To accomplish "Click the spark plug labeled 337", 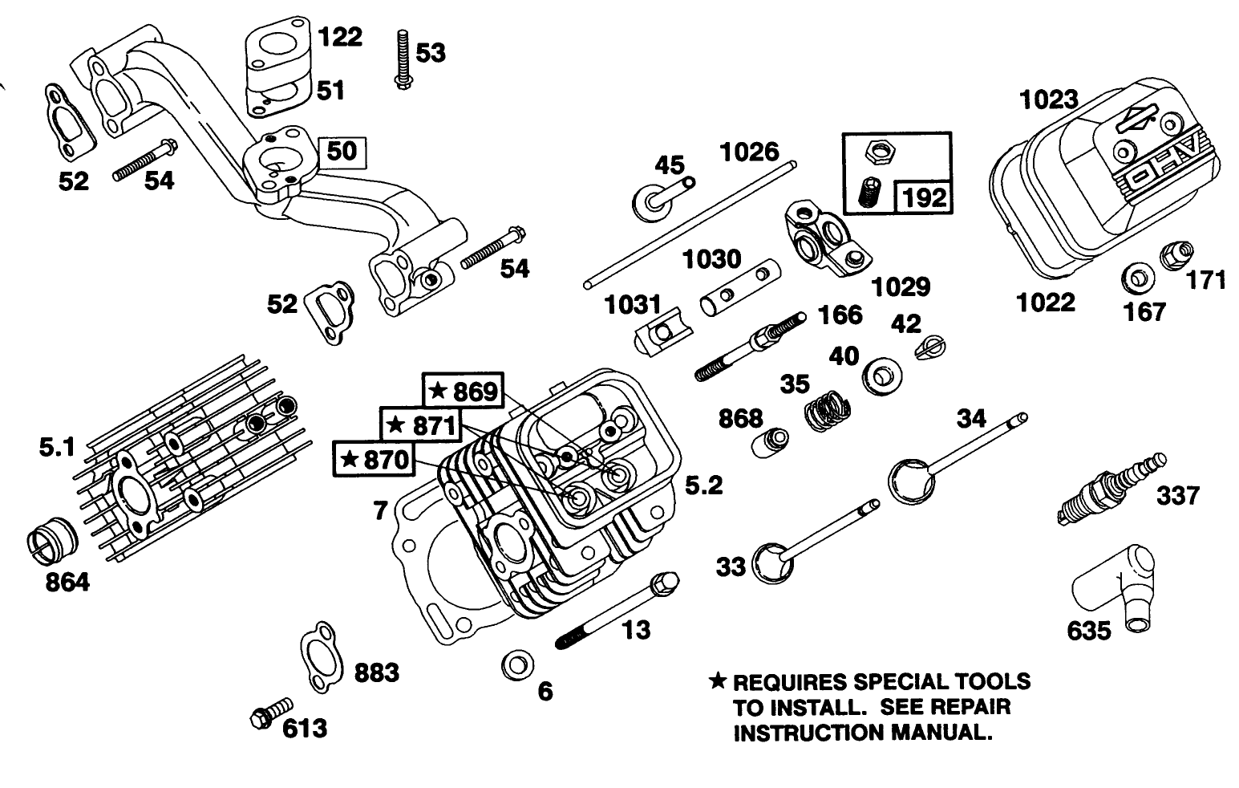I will [1111, 490].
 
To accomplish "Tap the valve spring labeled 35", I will [825, 410].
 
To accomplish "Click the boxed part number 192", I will [925, 195].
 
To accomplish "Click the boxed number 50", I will [342, 151].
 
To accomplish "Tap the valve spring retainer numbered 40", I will [880, 376].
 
